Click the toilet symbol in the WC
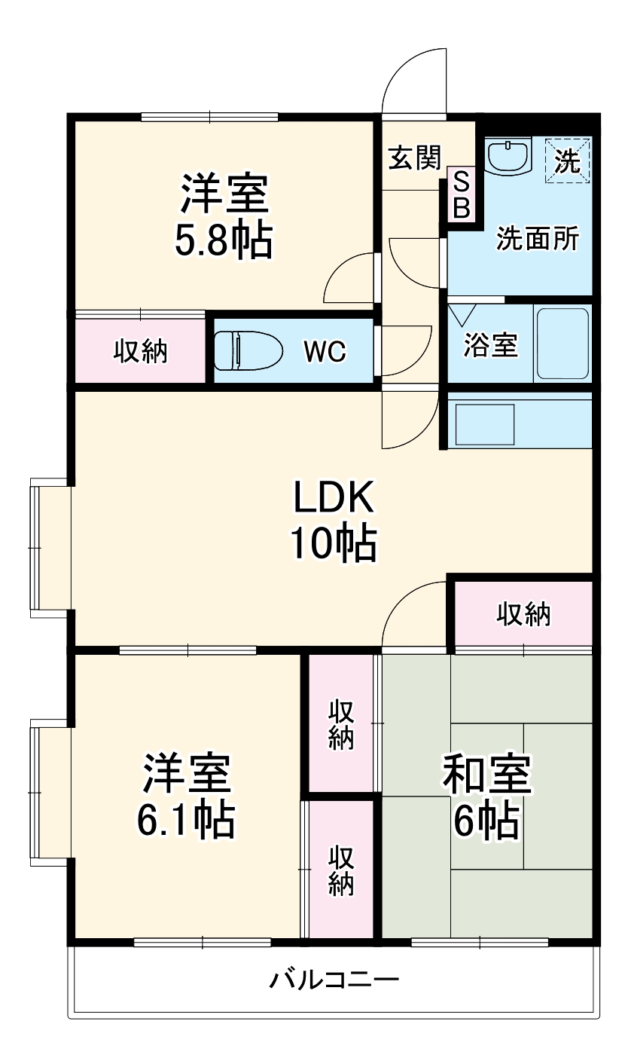click(x=248, y=350)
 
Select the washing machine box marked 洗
click(x=568, y=160)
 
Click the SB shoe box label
click(x=461, y=195)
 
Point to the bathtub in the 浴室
click(x=562, y=344)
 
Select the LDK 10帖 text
click(x=334, y=520)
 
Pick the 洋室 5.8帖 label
click(x=224, y=217)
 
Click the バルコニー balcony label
click(x=334, y=980)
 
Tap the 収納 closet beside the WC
click(x=141, y=351)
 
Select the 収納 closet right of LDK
click(x=523, y=614)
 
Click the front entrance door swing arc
click(x=414, y=81)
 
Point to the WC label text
click(x=325, y=350)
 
